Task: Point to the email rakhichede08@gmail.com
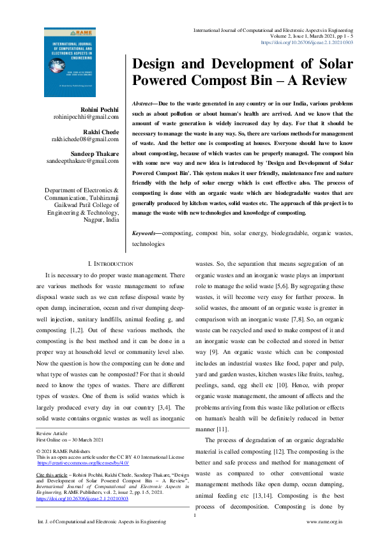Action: pyautogui.click(x=86, y=139)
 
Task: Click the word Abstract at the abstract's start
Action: pyautogui.click(x=144, y=104)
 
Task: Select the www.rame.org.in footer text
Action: pyautogui.click(x=325, y=522)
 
